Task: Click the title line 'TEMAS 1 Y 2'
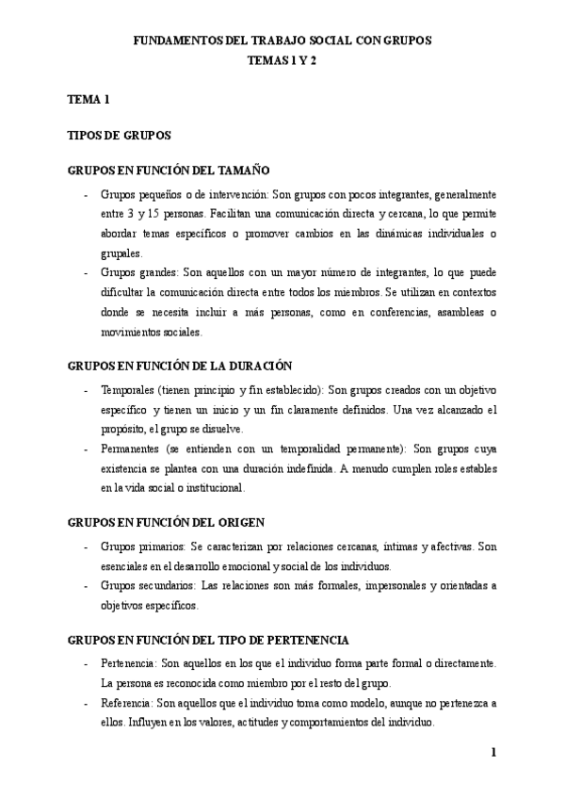[x=282, y=58]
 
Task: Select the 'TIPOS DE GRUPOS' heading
[x=119, y=135]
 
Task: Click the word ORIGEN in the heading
[x=239, y=521]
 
